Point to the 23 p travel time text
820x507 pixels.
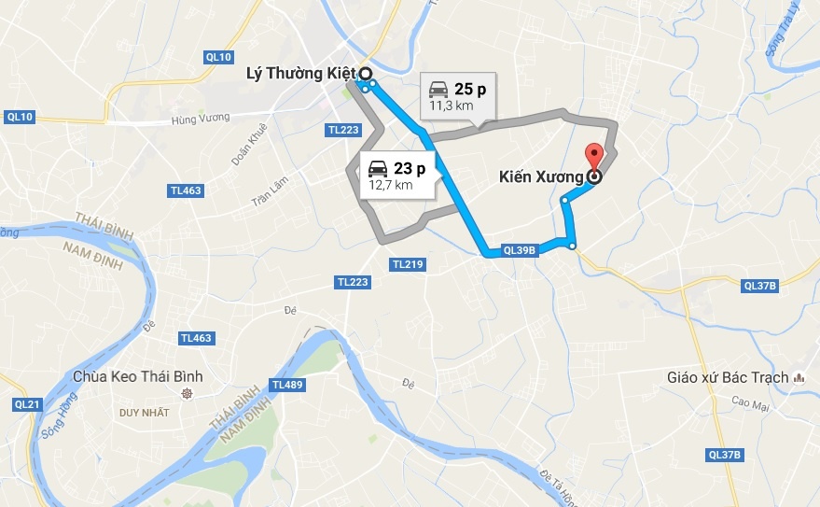coord(410,168)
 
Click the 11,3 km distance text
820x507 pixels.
coord(452,106)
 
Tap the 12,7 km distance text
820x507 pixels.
coord(391,185)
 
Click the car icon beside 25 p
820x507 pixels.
coord(438,90)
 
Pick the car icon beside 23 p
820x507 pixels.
coord(377,168)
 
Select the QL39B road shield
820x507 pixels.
coord(520,250)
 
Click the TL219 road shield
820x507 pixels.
coord(409,265)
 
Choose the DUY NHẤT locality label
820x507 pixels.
coord(145,411)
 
